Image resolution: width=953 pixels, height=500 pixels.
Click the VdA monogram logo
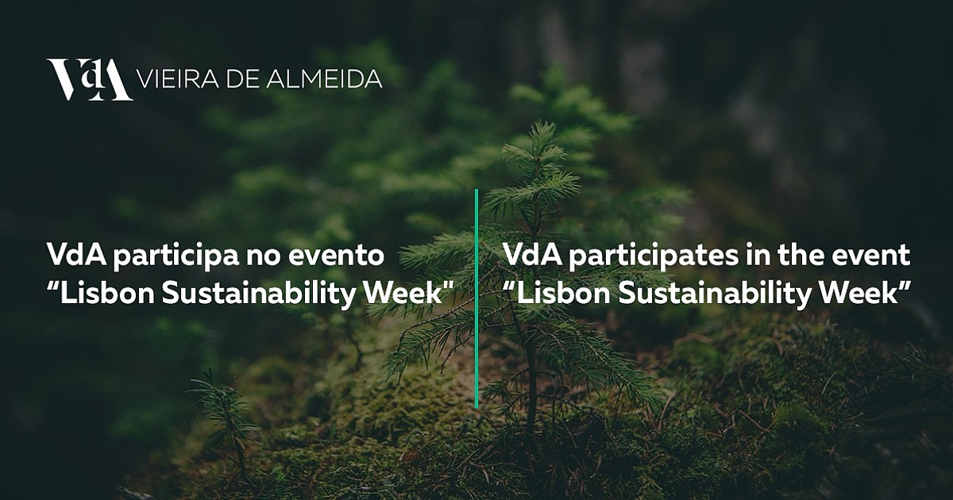pos(89,80)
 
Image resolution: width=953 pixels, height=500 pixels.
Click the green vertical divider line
pos(476,298)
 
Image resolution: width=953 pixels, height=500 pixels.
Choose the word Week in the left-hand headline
pos(407,293)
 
